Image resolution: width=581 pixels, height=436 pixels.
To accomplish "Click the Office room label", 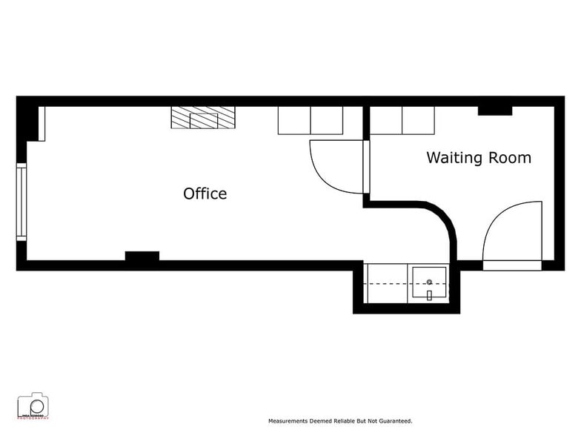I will [x=205, y=194].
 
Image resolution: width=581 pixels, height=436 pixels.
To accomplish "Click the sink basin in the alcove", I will [x=429, y=285].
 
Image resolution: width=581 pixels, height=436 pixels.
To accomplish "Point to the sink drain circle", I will [x=429, y=283].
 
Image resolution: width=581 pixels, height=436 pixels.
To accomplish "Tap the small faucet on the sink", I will [x=429, y=295].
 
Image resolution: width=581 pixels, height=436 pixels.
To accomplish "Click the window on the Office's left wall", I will [x=21, y=202].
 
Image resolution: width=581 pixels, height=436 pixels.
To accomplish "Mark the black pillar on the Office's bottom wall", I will [x=142, y=257].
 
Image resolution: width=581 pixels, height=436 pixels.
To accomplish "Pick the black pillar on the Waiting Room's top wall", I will [x=494, y=111].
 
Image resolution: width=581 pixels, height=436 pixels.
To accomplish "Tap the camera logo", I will [x=33, y=406].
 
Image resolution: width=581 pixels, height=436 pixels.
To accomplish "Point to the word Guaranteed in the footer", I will [x=394, y=420].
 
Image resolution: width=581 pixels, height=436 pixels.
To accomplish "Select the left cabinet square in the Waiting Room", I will [x=385, y=120].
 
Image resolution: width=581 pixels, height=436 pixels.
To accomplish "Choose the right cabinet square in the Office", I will [x=326, y=120].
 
